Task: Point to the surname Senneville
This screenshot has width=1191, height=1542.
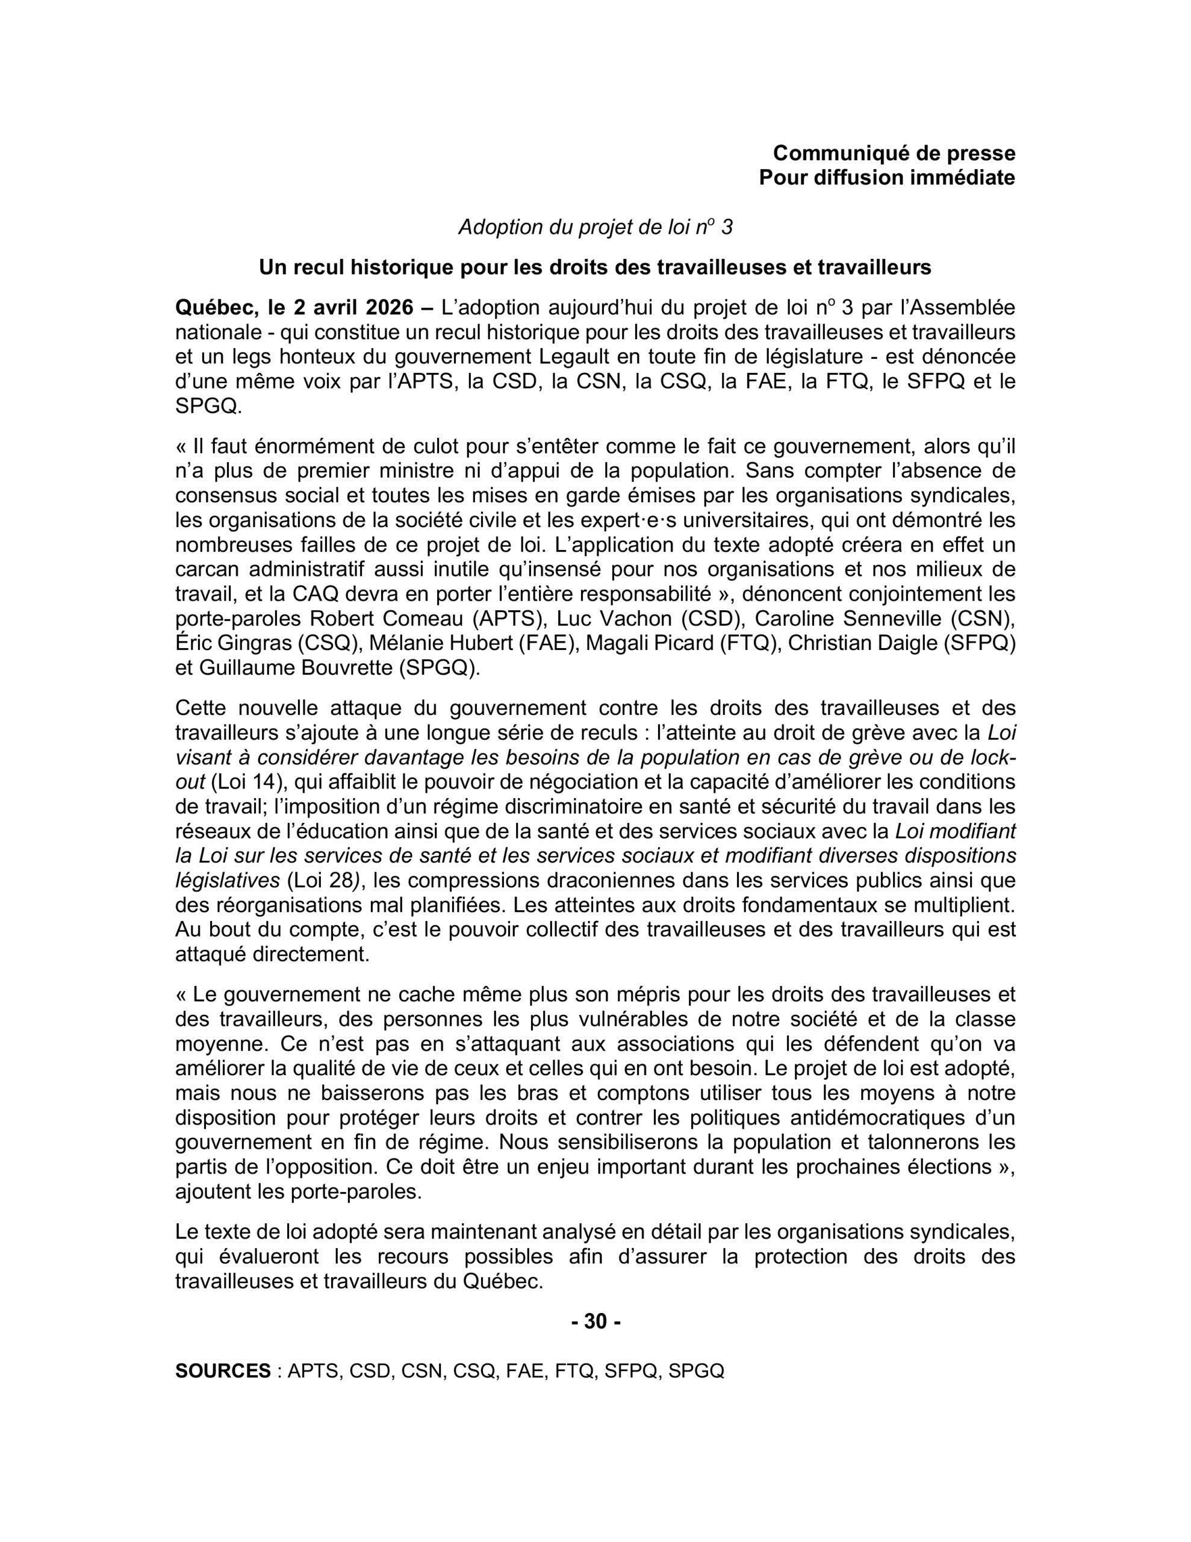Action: click(x=894, y=619)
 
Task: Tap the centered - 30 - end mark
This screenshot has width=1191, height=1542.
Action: click(x=595, y=1321)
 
